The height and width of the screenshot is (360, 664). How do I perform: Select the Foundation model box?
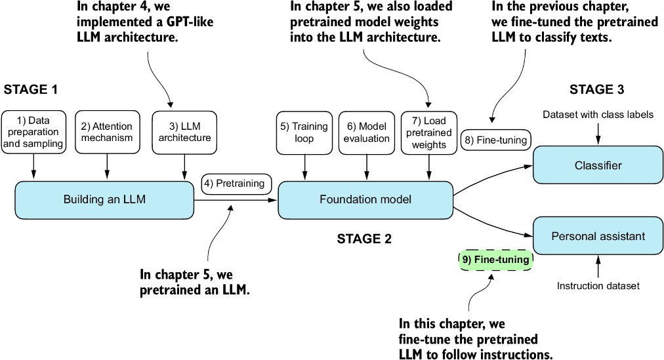tap(366, 199)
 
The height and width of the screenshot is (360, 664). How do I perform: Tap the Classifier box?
tap(598, 165)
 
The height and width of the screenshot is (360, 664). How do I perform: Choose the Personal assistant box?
tap(598, 235)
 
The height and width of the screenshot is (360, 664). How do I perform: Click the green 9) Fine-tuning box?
tap(495, 260)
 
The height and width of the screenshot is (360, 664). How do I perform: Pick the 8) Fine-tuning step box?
tap(496, 139)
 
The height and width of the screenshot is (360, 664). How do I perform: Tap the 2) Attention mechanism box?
tap(106, 132)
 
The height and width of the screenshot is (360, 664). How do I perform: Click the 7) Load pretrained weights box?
tap(430, 132)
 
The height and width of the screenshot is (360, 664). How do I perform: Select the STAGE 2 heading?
tap(364, 239)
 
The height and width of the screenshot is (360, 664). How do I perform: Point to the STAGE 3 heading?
tap(596, 89)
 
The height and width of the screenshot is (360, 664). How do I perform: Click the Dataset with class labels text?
tap(598, 115)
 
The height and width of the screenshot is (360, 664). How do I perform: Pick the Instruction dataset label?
tap(598, 285)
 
